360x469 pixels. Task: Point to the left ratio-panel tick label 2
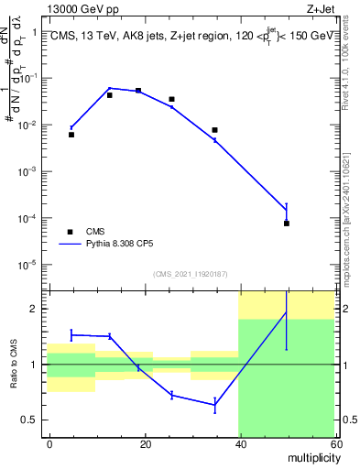(x=35, y=309)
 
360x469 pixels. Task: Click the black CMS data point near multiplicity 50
(x=287, y=224)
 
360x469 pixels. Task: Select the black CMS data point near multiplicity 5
(x=71, y=135)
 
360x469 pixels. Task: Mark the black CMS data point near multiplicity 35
(x=214, y=130)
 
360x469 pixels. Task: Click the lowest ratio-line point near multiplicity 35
(x=214, y=404)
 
